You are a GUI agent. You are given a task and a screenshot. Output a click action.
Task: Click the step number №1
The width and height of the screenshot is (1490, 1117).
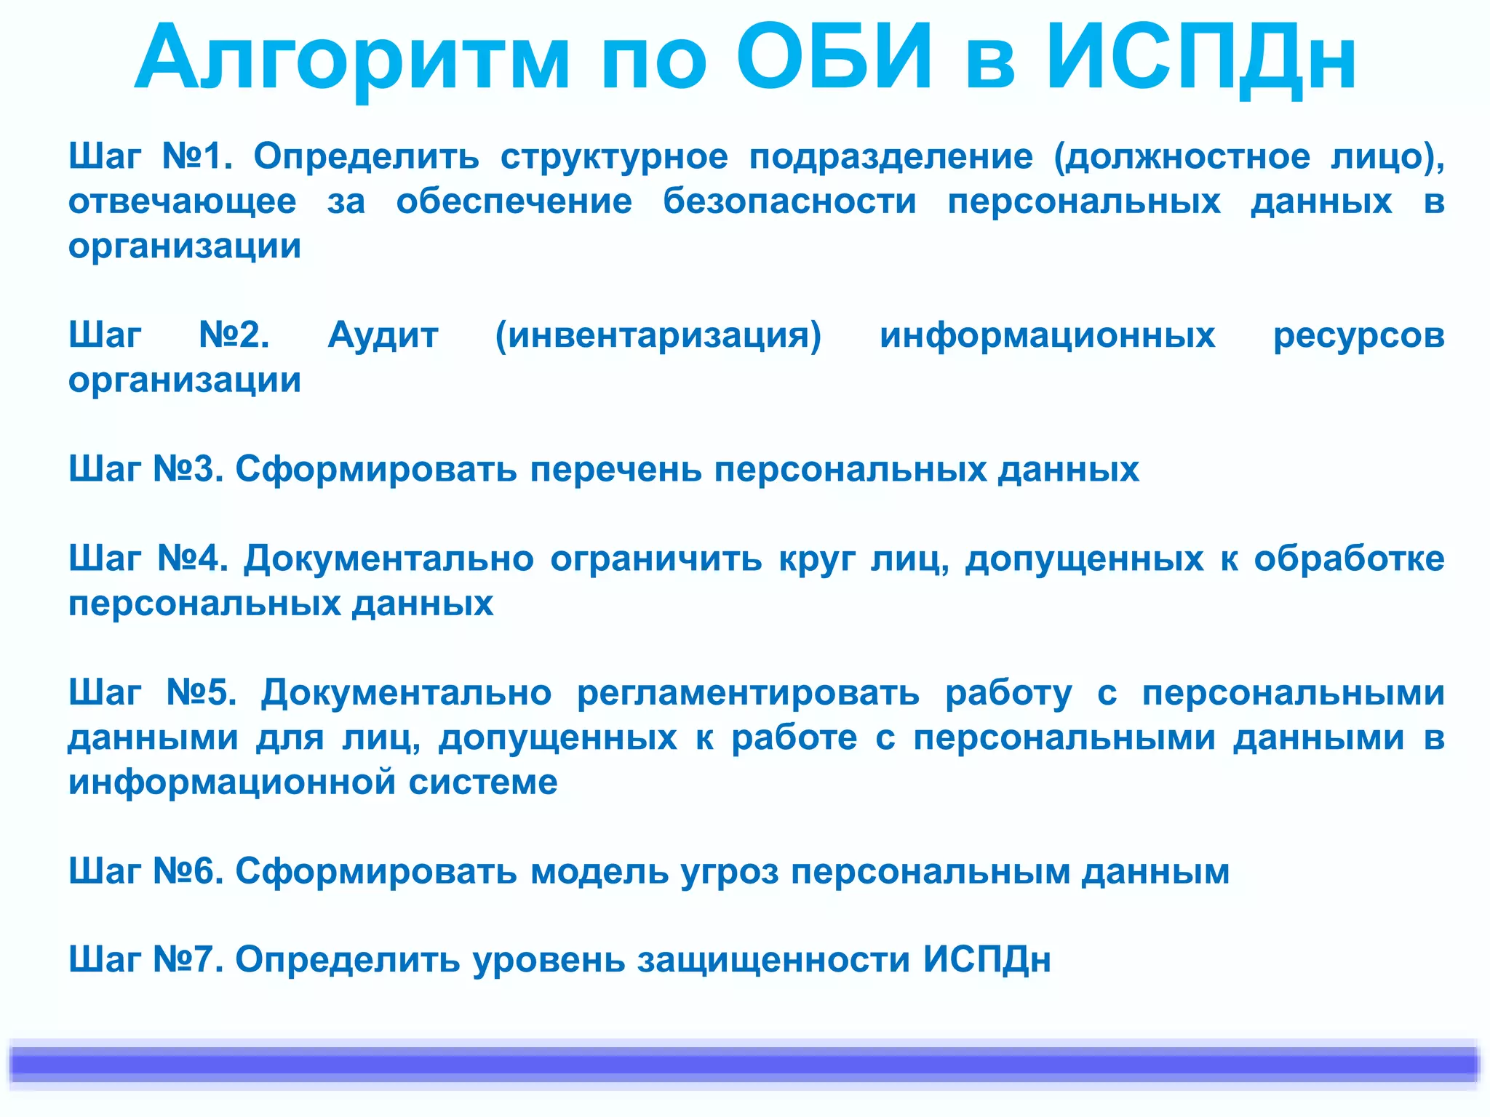[196, 156]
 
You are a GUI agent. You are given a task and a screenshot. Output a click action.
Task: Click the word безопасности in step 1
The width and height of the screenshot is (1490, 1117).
[789, 201]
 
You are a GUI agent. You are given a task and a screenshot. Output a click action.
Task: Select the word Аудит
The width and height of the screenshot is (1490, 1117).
[383, 335]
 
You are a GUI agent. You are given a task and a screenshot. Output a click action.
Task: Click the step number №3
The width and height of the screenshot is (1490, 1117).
[188, 469]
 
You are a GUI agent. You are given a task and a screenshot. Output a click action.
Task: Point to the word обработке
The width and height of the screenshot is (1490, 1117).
[1349, 558]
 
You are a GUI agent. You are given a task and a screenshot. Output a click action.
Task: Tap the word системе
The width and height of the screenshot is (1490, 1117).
[483, 782]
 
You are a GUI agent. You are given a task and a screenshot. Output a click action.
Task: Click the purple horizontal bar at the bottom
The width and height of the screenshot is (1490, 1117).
[745, 1064]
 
